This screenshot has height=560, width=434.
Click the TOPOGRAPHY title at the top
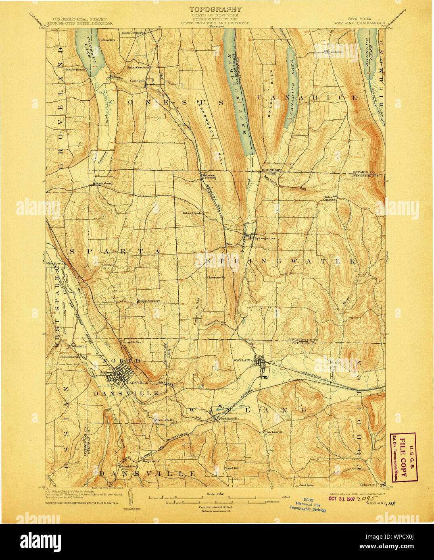(216, 9)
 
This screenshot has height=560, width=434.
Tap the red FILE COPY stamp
(403, 458)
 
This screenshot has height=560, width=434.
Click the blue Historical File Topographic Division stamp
(307, 504)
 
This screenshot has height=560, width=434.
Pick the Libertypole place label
(192, 213)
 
